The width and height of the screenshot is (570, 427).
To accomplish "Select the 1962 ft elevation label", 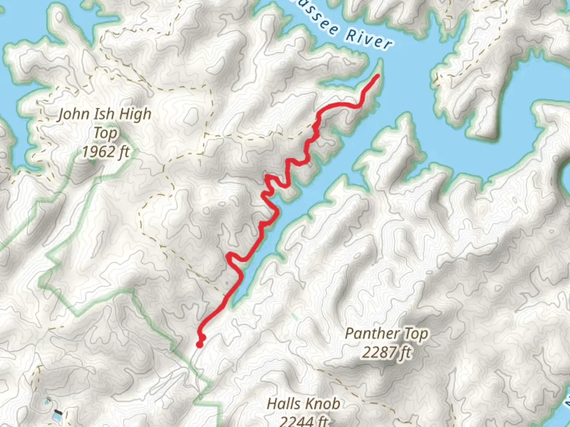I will (106, 151).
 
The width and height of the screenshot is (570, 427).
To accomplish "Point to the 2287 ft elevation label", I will (386, 352).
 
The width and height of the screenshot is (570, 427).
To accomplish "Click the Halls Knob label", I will (304, 404).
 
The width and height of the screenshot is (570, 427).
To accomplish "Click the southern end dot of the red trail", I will (199, 345).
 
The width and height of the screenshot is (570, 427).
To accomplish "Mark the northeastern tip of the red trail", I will (378, 76).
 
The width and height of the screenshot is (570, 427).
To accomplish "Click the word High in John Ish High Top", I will (135, 114).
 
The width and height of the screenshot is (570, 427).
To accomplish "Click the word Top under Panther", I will (416, 334).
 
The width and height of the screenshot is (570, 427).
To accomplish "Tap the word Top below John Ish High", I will (105, 133).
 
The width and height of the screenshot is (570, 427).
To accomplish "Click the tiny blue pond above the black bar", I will (48, 401).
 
